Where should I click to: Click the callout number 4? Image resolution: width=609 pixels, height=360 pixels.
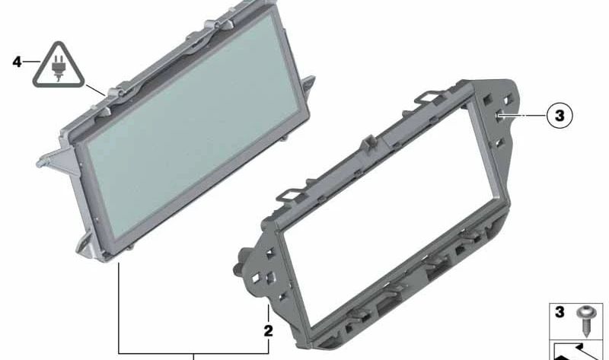pyautogui.click(x=18, y=62)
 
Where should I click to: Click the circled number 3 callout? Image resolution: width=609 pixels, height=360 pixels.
pyautogui.click(x=558, y=116)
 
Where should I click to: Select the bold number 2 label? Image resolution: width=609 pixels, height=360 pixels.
pyautogui.click(x=268, y=331)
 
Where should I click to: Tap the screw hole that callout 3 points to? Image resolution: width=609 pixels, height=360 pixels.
pyautogui.click(x=499, y=116)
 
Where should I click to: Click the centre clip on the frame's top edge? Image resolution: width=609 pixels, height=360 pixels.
pyautogui.click(x=368, y=140)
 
